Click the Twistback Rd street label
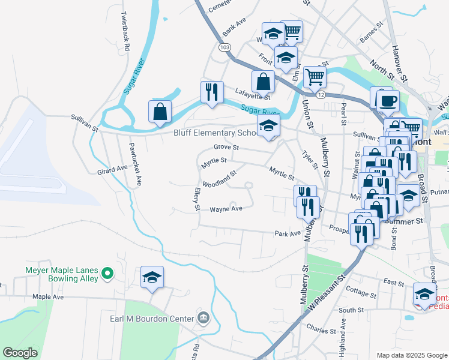tap(125, 30)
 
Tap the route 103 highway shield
tap(224, 47)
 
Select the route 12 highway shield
tap(321, 95)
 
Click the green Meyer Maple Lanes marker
tap(108, 274)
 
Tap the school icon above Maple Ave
tap(152, 277)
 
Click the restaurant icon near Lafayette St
tap(212, 92)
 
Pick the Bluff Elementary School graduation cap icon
tap(268, 125)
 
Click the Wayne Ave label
tap(226, 209)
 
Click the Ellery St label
tap(196, 199)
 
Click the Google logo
tap(20, 353)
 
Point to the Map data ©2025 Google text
tap(411, 355)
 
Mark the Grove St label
tap(227, 147)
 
